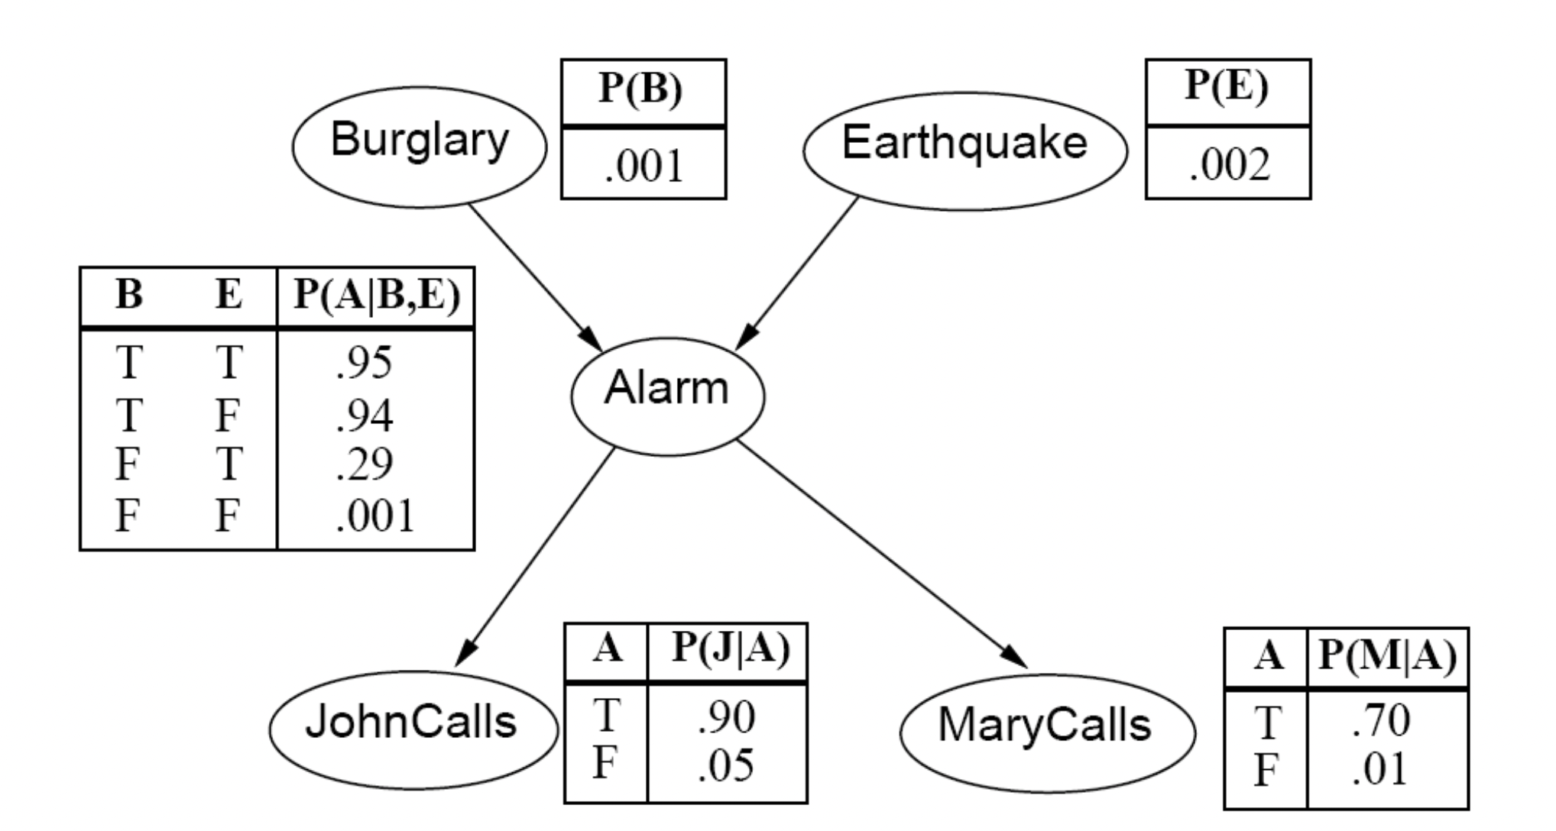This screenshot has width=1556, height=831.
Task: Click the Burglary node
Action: click(420, 145)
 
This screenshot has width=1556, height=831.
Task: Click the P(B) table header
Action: click(641, 89)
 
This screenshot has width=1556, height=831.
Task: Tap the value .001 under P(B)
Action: click(643, 167)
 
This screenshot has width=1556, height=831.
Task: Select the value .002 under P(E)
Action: click(1229, 165)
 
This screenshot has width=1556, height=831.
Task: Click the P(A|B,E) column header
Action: click(377, 296)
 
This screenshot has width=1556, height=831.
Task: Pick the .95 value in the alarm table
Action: click(365, 362)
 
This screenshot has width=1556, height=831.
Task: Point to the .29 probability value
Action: click(365, 464)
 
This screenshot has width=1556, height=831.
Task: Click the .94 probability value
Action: click(365, 415)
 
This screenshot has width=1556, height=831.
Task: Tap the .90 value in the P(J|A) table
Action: click(726, 716)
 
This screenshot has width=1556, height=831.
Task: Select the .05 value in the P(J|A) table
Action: click(726, 766)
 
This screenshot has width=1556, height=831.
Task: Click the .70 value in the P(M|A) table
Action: click(1380, 721)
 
